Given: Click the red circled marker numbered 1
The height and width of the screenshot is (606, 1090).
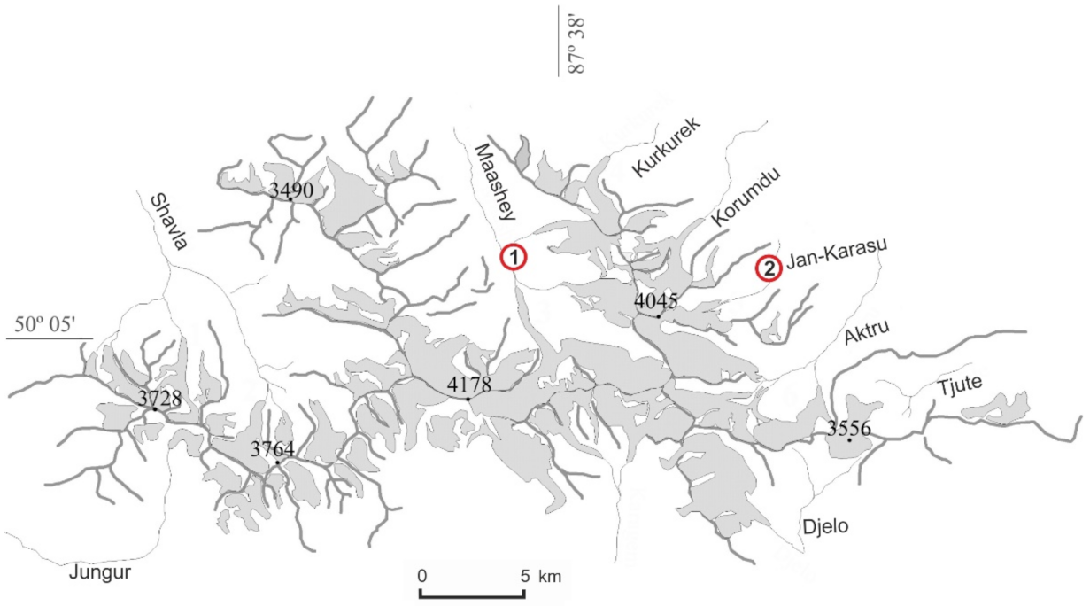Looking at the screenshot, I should pos(514,258).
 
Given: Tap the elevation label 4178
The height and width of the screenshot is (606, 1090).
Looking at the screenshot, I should pos(469,385).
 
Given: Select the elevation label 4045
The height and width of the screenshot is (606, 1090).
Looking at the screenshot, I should pos(656,300).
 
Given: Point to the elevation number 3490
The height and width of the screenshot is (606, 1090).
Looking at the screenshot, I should pos(291,189).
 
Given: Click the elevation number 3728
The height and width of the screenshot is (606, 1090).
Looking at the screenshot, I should pos(158,398).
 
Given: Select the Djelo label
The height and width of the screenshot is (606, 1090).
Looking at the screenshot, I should pos(826,526).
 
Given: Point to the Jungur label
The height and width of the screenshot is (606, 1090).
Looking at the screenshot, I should pos(99,572).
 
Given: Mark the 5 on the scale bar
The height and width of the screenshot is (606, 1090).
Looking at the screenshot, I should pos(525,576).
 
